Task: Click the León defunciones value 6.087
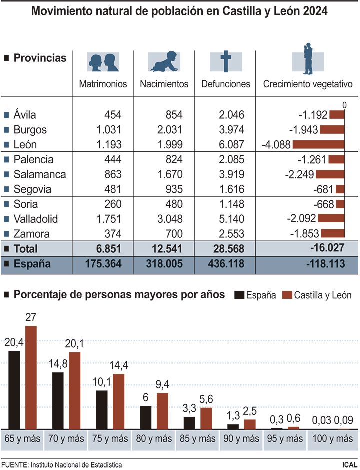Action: (x=231, y=144)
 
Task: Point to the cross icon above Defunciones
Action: (x=225, y=61)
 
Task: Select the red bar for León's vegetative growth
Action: (x=318, y=145)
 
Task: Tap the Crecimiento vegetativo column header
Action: (x=308, y=84)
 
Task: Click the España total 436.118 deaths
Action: (x=225, y=264)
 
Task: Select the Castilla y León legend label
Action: (x=323, y=295)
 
